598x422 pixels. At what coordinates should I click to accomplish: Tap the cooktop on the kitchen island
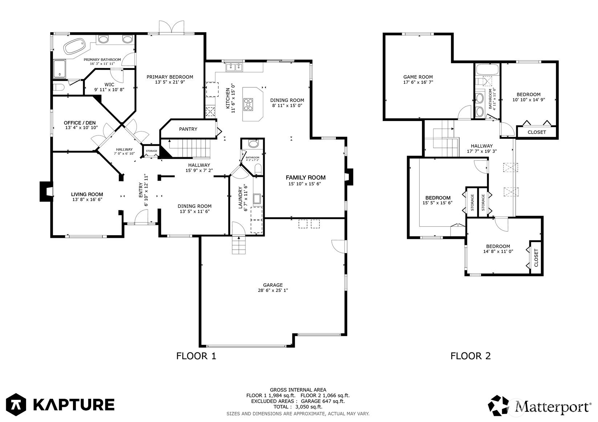(248, 104)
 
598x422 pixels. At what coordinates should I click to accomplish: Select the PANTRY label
(188, 129)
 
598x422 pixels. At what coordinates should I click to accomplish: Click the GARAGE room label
(273, 285)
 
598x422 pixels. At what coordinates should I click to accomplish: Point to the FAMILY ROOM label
(306, 178)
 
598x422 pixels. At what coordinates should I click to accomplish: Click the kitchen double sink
(235, 67)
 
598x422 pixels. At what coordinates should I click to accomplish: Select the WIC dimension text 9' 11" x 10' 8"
(109, 90)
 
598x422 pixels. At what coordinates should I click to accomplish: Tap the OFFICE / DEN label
(80, 123)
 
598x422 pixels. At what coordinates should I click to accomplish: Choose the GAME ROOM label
(418, 77)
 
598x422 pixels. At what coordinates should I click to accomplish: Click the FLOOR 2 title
(471, 356)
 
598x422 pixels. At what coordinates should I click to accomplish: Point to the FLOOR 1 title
(196, 356)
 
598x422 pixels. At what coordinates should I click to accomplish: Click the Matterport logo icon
(499, 406)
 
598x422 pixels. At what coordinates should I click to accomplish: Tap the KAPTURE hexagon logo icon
(16, 405)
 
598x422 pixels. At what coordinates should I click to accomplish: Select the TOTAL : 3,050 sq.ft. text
(298, 407)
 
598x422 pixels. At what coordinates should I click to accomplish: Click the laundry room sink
(257, 199)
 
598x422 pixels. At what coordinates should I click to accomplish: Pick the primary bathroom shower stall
(60, 69)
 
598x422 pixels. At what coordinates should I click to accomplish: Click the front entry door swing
(141, 216)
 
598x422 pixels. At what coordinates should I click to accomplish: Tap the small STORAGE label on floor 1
(151, 151)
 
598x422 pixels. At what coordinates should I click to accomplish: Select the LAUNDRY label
(240, 198)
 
